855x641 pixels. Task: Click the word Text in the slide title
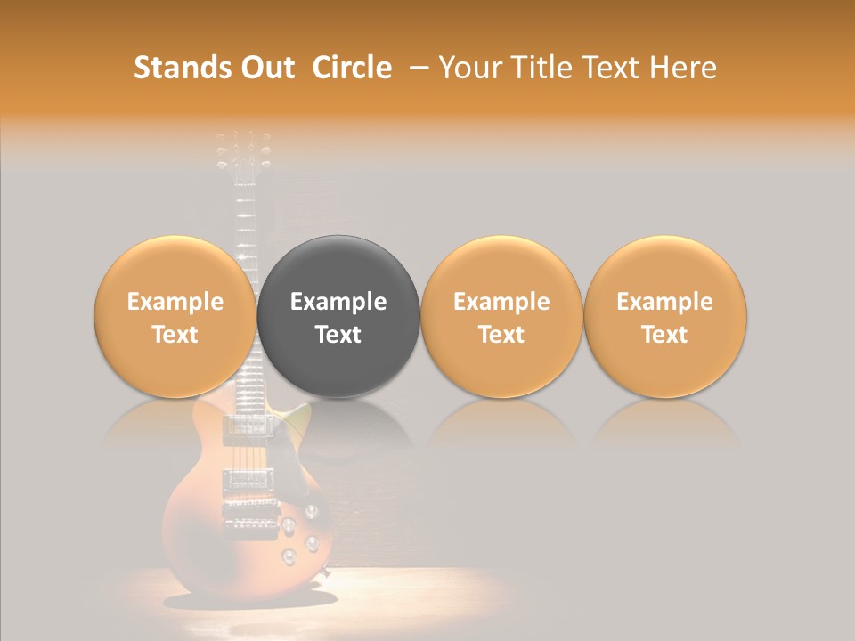coord(603,68)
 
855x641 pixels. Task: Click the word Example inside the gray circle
coord(338,302)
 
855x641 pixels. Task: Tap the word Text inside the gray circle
coord(338,335)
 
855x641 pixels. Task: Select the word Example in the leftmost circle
coord(175,302)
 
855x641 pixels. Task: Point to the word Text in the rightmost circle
coord(664,335)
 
